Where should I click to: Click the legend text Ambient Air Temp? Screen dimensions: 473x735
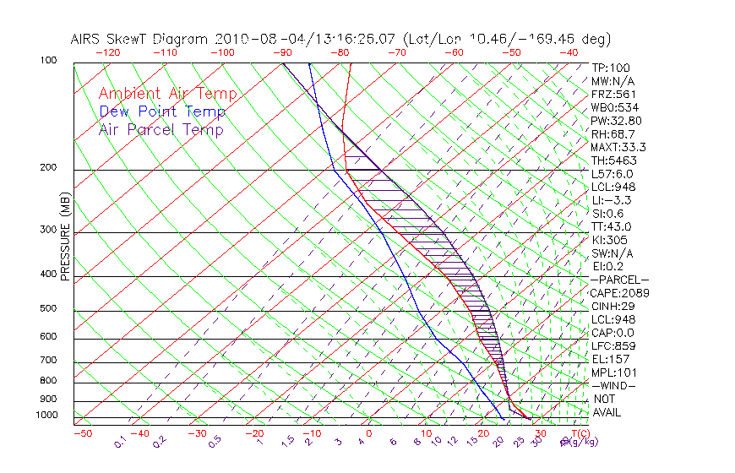[167, 94]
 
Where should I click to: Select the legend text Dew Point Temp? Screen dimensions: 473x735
[162, 111]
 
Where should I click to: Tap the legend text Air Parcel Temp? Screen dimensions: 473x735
[161, 129]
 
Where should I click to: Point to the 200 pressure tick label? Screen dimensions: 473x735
[48, 167]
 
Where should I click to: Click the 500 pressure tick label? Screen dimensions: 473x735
[48, 310]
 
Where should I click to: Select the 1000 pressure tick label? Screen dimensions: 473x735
[46, 416]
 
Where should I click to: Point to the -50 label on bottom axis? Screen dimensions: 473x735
[82, 433]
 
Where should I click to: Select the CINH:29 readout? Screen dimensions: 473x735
[612, 306]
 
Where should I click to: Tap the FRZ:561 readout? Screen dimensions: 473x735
[614, 94]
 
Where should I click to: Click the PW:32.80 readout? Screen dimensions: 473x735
[616, 121]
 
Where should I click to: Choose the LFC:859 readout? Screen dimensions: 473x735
[612, 345]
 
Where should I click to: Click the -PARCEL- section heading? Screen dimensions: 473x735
[620, 280]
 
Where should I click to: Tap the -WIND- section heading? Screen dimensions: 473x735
[614, 385]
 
